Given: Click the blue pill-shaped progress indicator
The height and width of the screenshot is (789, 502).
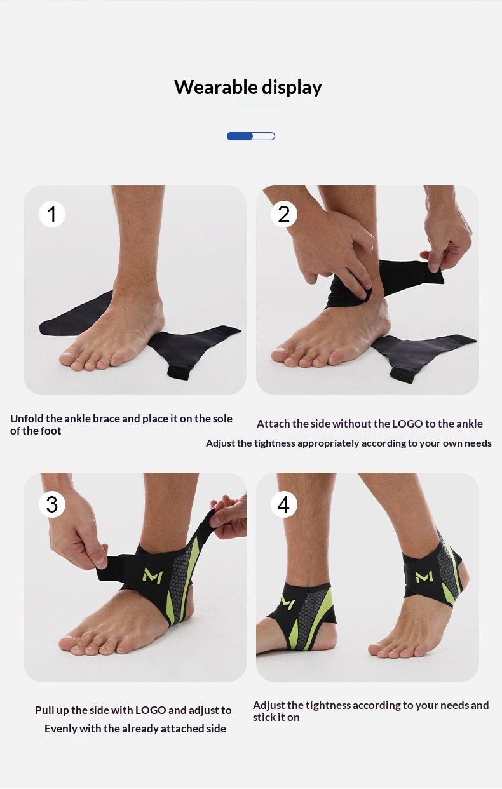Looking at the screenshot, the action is pyautogui.click(x=251, y=137).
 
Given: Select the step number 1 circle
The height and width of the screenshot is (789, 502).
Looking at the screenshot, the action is pyautogui.click(x=51, y=214).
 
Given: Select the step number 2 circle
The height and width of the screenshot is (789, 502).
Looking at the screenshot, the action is pyautogui.click(x=284, y=214).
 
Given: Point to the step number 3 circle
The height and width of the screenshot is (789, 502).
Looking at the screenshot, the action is pyautogui.click(x=51, y=504).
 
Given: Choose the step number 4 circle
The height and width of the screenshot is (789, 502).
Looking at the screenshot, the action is pyautogui.click(x=284, y=504).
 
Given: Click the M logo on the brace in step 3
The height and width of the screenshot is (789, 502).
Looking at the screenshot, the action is pyautogui.click(x=153, y=576).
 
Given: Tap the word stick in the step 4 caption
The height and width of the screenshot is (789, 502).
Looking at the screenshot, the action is pyautogui.click(x=264, y=717).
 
